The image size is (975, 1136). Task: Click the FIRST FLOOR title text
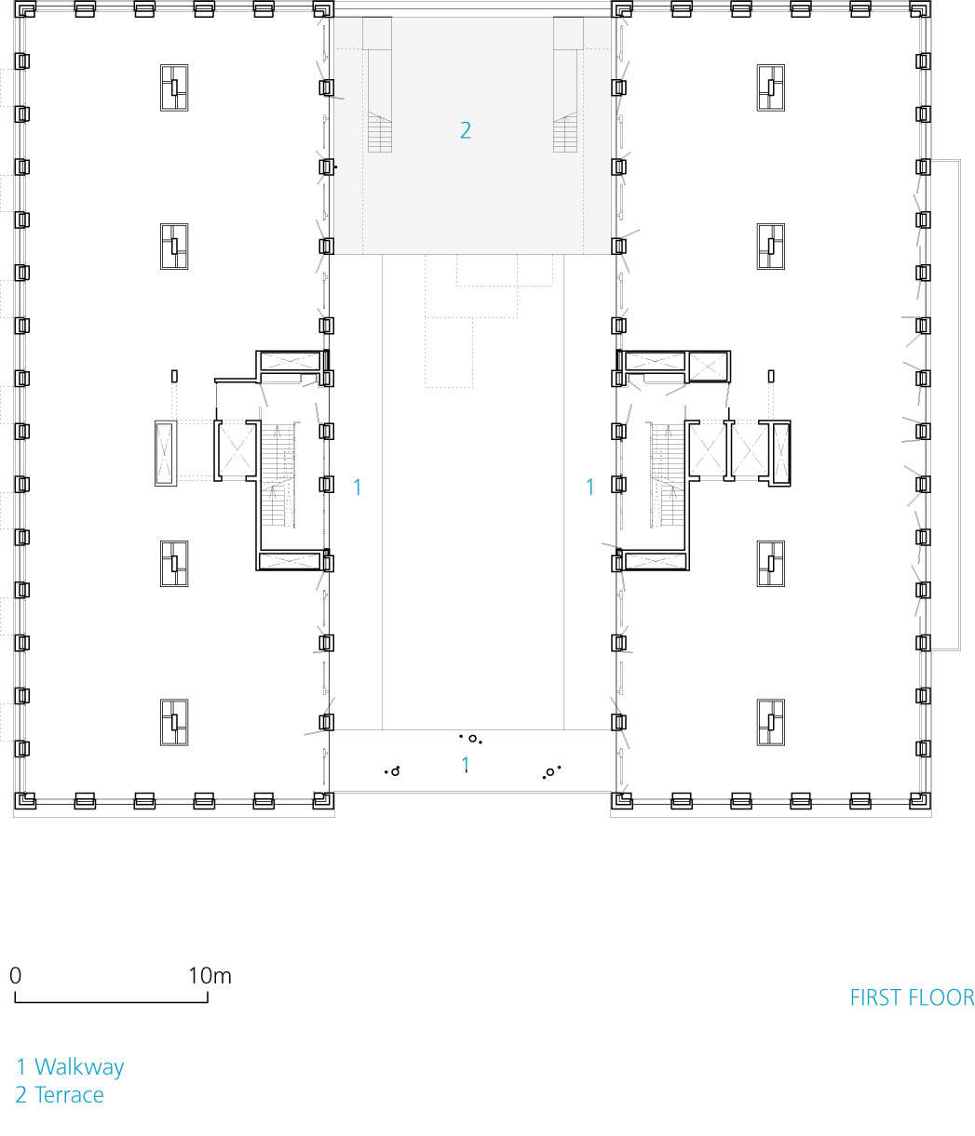click(911, 997)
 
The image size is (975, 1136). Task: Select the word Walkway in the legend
click(79, 1067)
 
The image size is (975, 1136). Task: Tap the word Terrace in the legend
click(69, 1095)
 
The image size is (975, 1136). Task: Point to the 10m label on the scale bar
click(210, 976)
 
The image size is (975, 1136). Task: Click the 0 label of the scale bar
click(16, 976)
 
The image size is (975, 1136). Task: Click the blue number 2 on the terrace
click(466, 130)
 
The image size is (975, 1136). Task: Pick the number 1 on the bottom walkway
click(466, 765)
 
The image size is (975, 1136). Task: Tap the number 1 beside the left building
click(357, 487)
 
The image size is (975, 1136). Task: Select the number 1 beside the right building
click(589, 487)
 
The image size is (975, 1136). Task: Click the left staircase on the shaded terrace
click(380, 132)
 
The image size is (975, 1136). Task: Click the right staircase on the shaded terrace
click(565, 132)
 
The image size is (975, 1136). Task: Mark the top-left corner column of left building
click(25, 10)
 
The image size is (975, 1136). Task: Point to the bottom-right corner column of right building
click(921, 801)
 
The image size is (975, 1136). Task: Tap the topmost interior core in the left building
click(174, 88)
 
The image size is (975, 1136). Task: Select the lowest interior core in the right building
click(770, 722)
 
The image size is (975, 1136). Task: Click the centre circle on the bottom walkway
click(472, 739)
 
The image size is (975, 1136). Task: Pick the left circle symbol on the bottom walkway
click(395, 772)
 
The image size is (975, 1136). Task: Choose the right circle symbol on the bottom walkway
click(549, 772)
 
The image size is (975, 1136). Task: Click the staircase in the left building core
click(278, 476)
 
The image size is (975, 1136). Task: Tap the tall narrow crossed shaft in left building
click(166, 453)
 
